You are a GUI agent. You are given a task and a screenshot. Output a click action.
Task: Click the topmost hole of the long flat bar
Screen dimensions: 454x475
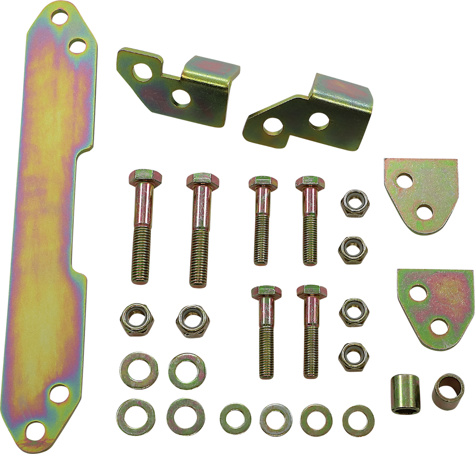(x=60, y=20)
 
